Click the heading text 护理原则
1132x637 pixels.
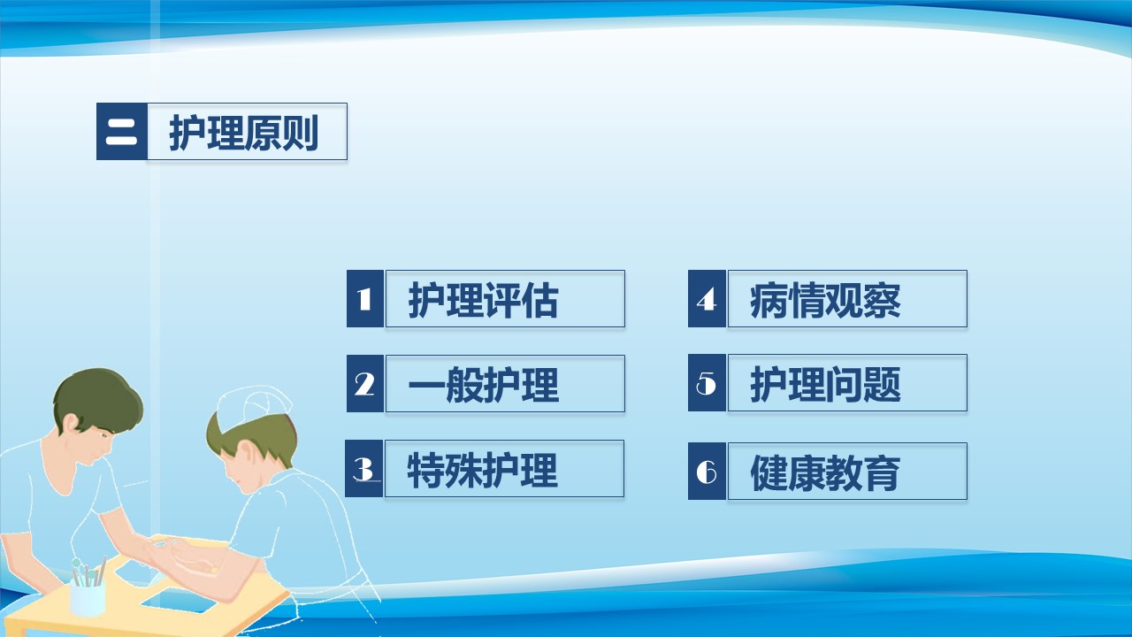[243, 133]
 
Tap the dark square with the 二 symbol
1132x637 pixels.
[122, 132]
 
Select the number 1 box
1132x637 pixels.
[365, 298]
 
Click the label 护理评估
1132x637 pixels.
[483, 300]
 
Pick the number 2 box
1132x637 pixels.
[365, 383]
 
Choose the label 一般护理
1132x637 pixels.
[483, 385]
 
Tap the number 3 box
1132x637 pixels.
[364, 468]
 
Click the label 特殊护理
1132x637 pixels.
[482, 470]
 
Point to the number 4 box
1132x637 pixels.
[707, 298]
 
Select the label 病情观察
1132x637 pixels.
[825, 300]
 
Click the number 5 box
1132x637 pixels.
[707, 383]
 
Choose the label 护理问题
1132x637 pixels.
[825, 384]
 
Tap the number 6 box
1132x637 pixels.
[707, 472]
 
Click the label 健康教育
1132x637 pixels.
[825, 472]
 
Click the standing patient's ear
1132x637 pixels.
[71, 423]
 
